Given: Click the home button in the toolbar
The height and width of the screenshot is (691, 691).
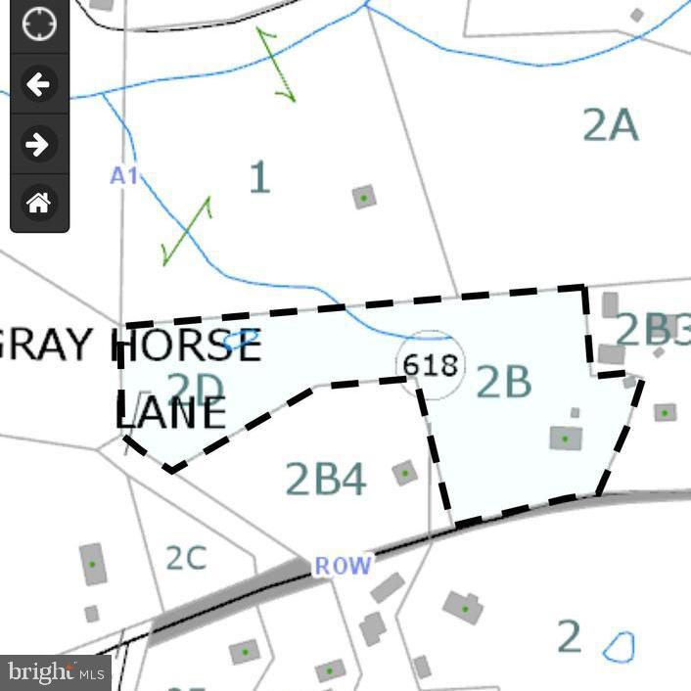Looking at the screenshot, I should pos(38,204).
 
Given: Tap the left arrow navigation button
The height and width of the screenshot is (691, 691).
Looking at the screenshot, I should pos(38,84).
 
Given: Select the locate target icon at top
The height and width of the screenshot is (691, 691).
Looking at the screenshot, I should pos(38,24).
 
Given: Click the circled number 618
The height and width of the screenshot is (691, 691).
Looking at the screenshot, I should pos(431,365).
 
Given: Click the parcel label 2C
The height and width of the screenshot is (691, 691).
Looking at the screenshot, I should pos(185,558).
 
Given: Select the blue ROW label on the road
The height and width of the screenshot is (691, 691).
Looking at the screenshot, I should pos(343,566).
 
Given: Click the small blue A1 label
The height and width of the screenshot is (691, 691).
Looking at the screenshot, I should pos(124,176).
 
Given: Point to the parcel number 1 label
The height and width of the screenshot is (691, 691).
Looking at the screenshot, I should pos(258,178).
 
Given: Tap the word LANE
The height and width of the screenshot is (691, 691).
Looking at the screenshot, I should pos(171,414).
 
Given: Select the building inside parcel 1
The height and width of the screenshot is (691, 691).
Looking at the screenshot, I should pos(364,197).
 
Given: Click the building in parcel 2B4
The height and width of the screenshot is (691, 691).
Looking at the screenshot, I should pos(404,474).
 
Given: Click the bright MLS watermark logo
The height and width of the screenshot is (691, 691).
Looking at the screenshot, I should pos(56,672).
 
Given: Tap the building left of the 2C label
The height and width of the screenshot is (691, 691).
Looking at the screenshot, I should pos(93,565).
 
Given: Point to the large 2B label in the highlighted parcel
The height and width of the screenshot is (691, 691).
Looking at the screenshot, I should pos(504,383).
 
